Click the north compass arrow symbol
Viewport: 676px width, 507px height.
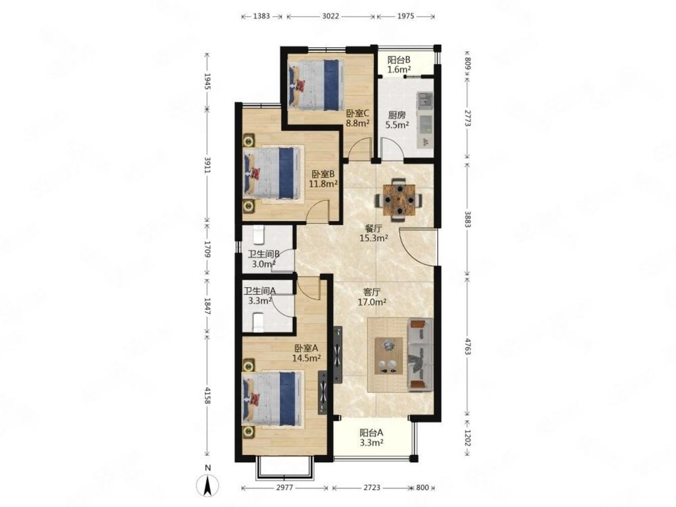[x=207, y=487]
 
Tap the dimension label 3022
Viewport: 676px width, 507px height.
[x=331, y=16]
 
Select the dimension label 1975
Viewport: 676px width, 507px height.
[x=405, y=16]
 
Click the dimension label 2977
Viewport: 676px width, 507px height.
[x=284, y=488]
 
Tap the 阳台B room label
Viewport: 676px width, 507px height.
[x=399, y=59]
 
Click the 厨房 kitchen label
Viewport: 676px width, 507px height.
[x=397, y=115]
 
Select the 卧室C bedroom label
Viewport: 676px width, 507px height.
[x=357, y=114]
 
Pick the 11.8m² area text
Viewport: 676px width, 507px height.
[x=324, y=184]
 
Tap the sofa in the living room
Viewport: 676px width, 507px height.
[x=420, y=354]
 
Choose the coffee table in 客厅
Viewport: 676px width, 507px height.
[x=388, y=356]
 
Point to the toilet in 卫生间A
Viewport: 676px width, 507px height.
[x=258, y=321]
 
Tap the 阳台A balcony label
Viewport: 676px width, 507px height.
[x=371, y=433]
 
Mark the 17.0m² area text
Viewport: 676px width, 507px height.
[x=372, y=302]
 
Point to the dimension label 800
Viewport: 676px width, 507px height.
[x=422, y=488]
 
